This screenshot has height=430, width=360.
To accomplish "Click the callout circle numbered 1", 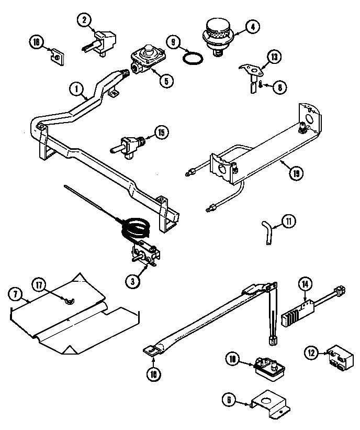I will (x=77, y=90).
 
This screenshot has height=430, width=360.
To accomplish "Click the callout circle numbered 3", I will (x=133, y=280).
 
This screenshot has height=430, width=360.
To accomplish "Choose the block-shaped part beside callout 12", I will (x=337, y=357).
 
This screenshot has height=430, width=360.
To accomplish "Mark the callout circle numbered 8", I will (x=280, y=87).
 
